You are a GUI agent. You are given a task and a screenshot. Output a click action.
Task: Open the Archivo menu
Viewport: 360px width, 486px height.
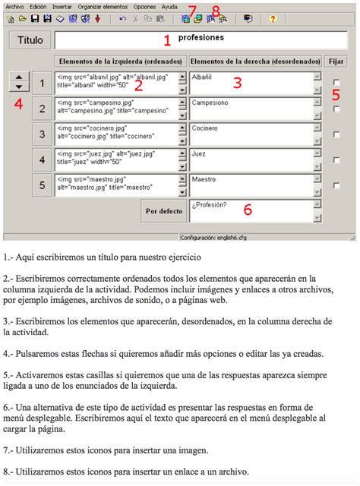(x=13, y=6)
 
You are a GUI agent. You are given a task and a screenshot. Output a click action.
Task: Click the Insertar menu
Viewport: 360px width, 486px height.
(x=62, y=6)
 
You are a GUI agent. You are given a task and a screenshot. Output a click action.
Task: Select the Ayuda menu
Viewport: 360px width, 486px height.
(x=169, y=6)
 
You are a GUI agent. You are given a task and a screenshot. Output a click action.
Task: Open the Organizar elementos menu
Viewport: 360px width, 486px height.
(x=100, y=6)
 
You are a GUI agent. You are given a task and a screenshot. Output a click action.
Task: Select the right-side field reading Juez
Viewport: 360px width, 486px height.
(x=250, y=159)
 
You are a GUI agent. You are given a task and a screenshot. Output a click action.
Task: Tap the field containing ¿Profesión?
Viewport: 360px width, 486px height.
(x=250, y=210)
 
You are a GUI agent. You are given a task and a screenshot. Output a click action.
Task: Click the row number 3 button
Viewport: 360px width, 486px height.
(x=43, y=135)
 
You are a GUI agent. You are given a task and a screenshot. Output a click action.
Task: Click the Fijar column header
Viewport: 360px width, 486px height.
(x=335, y=61)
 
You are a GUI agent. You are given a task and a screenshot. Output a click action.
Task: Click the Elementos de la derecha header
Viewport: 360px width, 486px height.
(x=252, y=61)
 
